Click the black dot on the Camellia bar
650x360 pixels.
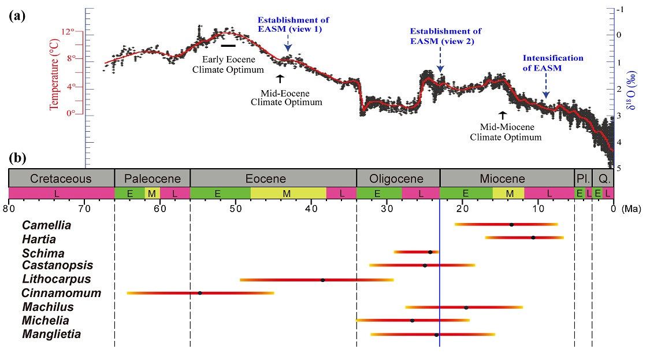511,224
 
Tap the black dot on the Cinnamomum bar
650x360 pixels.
200,293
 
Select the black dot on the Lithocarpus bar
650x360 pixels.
322,280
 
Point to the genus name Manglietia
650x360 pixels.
51,334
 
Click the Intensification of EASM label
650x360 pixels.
552,63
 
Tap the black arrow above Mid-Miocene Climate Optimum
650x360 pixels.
502,115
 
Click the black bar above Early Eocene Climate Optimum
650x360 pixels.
228,45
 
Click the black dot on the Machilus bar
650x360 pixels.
466,307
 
